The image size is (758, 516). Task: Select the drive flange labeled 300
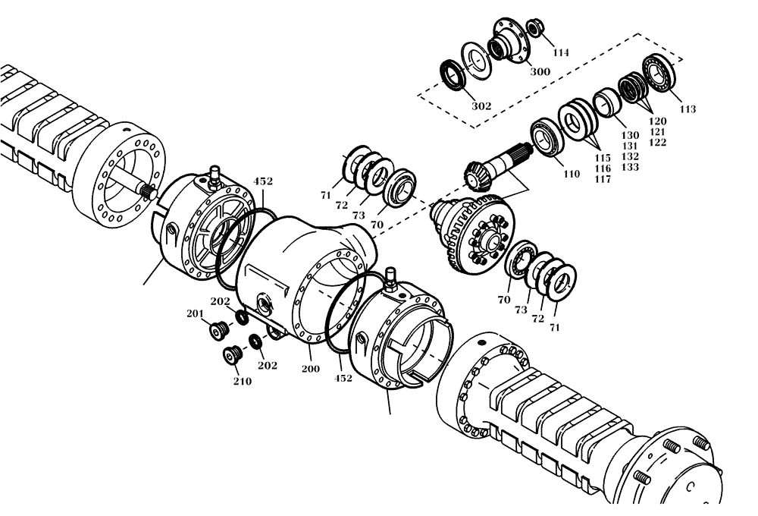click(509, 42)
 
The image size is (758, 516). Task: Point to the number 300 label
click(540, 72)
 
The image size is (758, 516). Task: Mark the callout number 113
click(687, 109)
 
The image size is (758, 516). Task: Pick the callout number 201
click(195, 314)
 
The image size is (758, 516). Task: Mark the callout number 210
click(242, 381)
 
